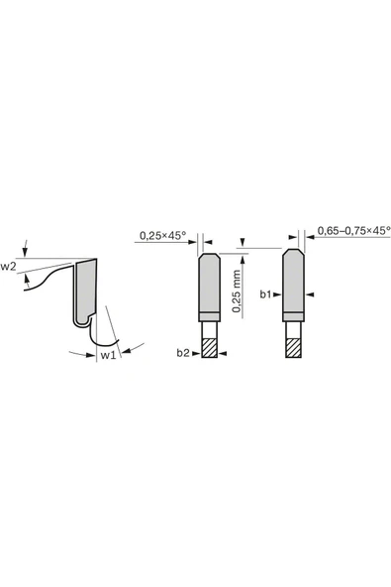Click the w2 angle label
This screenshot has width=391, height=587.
point(8,267)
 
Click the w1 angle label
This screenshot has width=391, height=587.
point(109,355)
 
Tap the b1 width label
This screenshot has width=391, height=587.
point(265,294)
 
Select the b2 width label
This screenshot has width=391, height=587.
point(183,353)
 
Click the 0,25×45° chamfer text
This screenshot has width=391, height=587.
point(163,235)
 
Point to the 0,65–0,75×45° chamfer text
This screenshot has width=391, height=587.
point(354,231)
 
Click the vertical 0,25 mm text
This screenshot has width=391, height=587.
point(237,292)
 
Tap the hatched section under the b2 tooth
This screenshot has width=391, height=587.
point(209,348)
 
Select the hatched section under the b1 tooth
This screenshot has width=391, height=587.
point(293,348)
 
